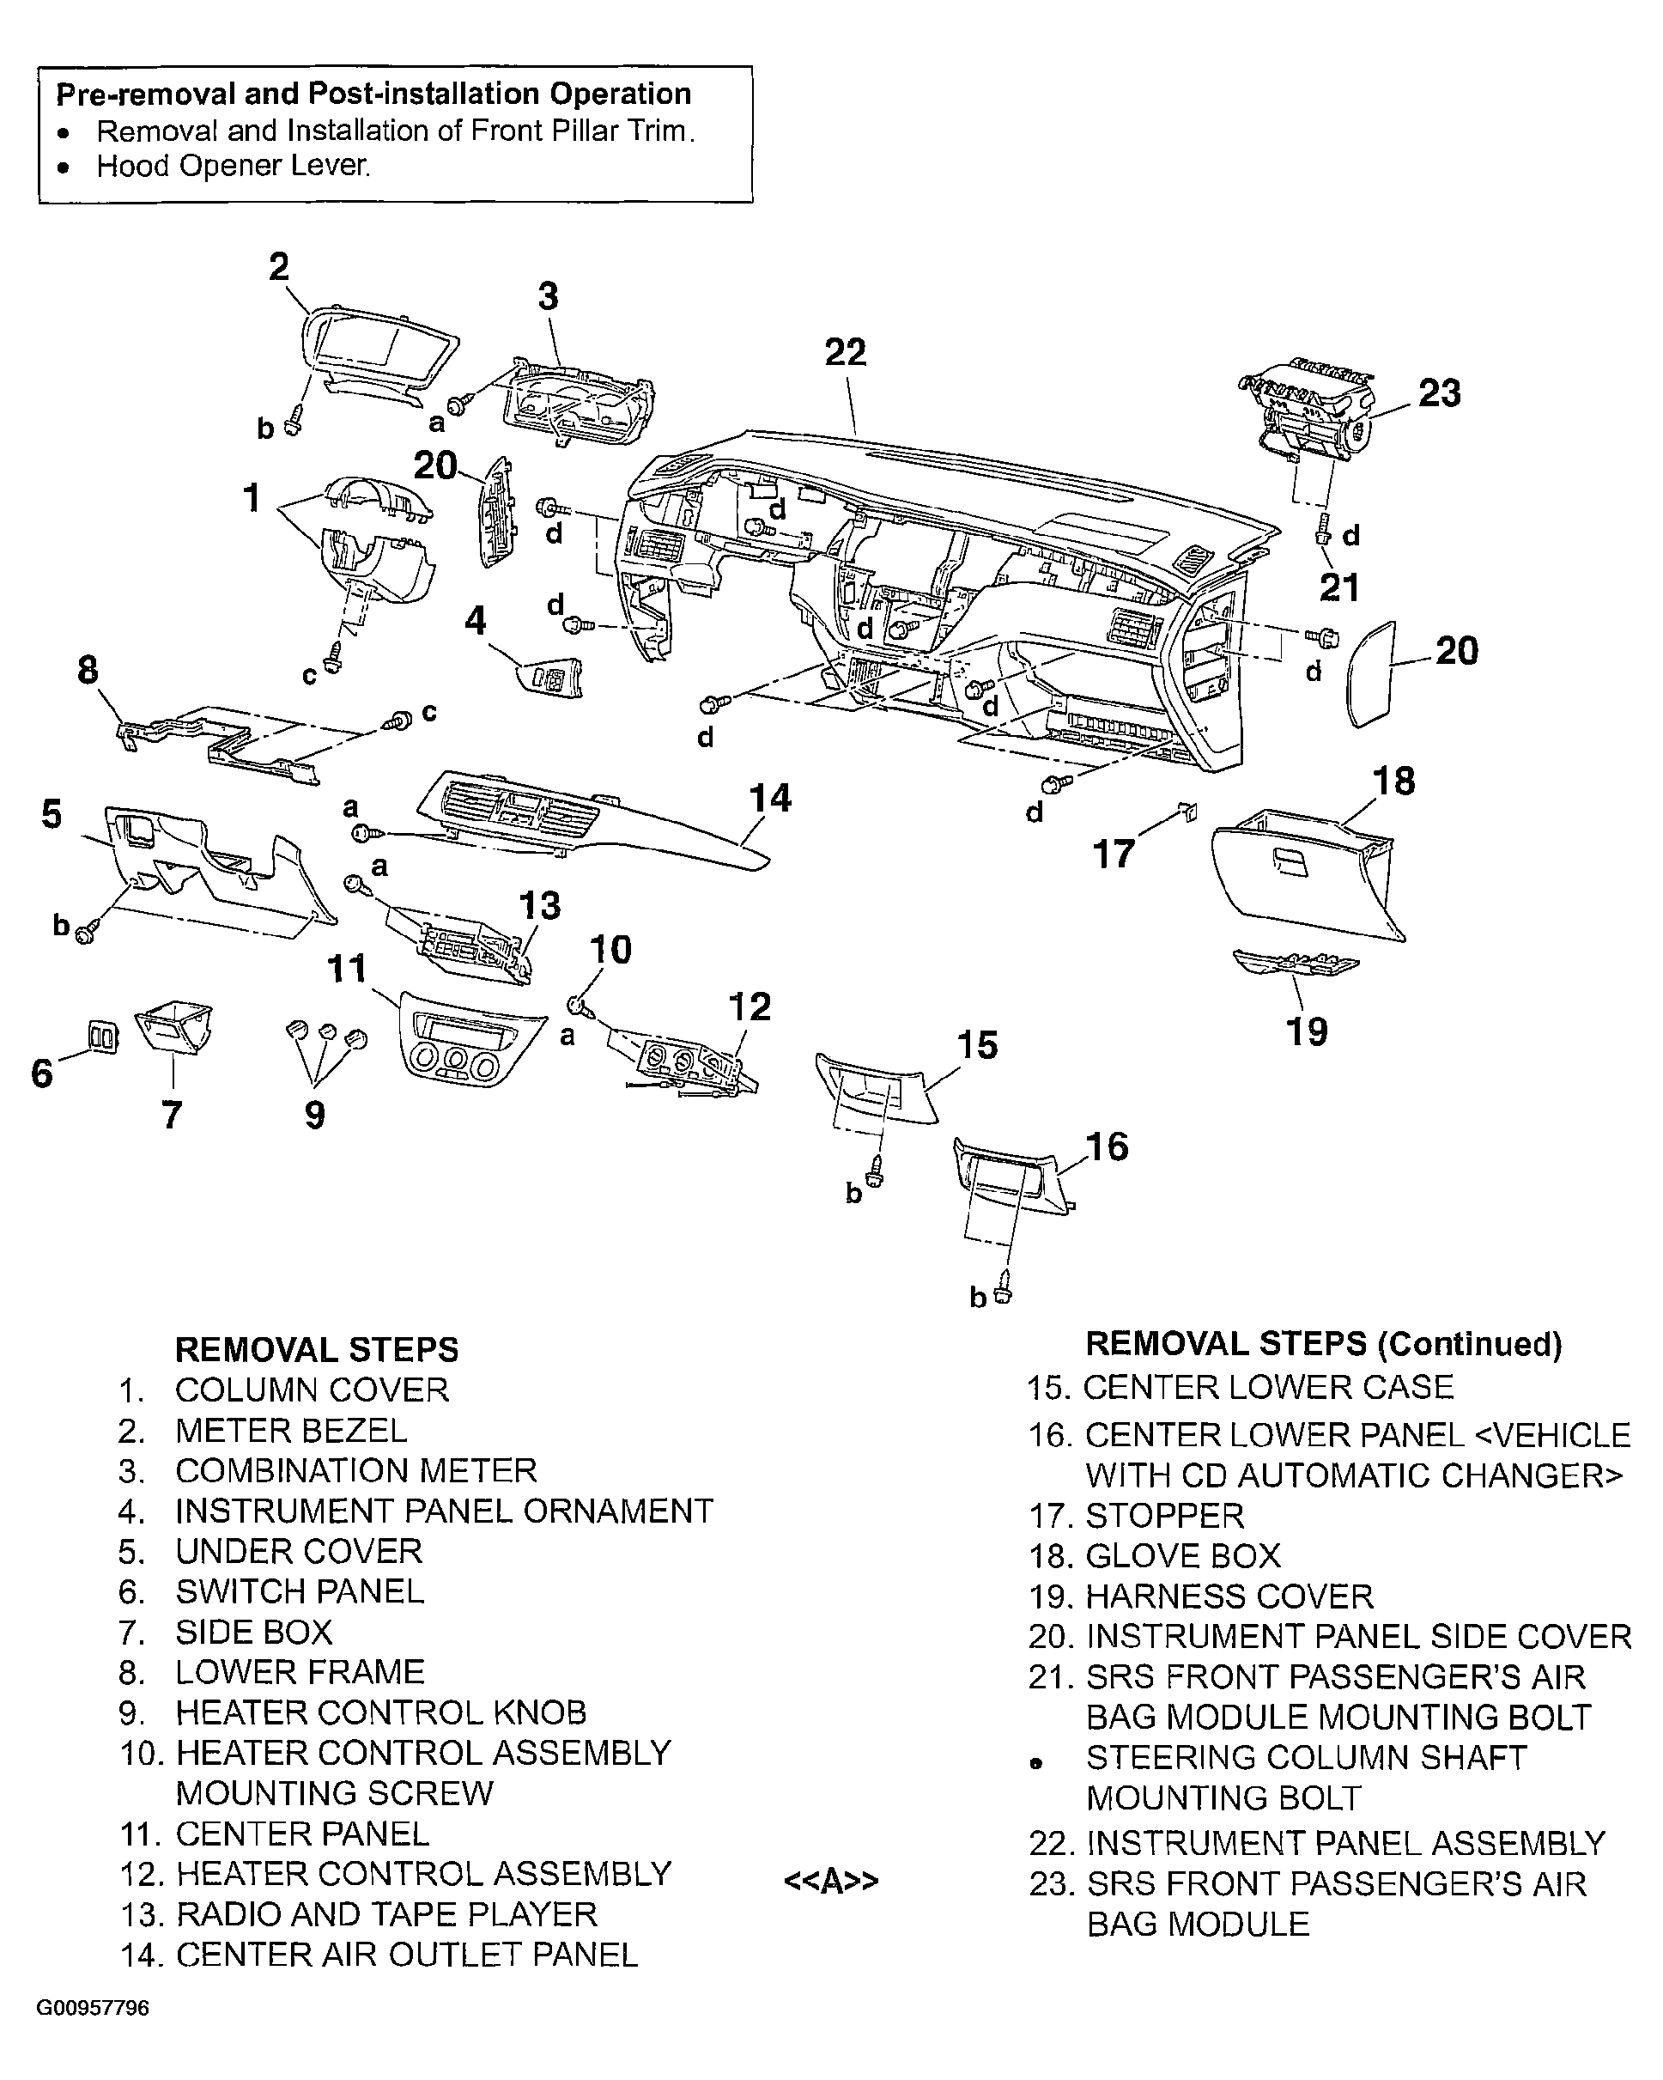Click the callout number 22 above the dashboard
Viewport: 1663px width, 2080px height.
tap(845, 353)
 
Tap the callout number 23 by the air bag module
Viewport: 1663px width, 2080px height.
tap(1439, 393)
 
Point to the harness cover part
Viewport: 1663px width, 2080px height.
tap(1295, 963)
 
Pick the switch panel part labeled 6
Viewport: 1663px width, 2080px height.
tap(103, 1037)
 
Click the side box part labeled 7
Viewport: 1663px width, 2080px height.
tap(173, 1027)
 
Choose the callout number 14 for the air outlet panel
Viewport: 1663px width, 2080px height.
tap(770, 799)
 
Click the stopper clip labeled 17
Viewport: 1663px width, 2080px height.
tap(1188, 812)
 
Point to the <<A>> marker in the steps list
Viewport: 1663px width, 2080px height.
tap(830, 1882)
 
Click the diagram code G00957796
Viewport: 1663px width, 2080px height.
tap(94, 2009)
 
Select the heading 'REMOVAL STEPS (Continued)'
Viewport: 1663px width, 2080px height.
tap(1324, 1344)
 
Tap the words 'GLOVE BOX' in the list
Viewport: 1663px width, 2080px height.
tap(1182, 1556)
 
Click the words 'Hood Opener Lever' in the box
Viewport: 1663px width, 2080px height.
tap(233, 166)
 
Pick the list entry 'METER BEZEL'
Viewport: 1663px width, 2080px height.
tap(290, 1431)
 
